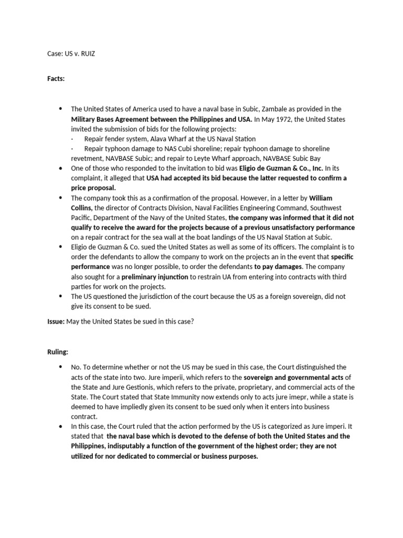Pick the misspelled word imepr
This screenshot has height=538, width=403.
pos(298,397)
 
